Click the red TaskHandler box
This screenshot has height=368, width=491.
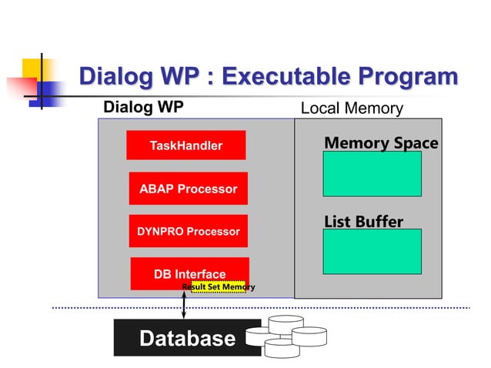click(x=185, y=146)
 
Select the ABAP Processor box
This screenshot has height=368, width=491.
click(x=188, y=189)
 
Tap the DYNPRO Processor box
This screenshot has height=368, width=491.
click(x=188, y=231)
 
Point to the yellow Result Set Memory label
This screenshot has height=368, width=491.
click(x=218, y=287)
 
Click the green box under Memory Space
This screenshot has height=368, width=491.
click(x=372, y=174)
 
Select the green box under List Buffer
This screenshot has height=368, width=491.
click(x=372, y=252)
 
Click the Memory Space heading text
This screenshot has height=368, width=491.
click(x=381, y=142)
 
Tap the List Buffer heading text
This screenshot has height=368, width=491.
click(x=363, y=222)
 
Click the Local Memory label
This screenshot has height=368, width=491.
click(x=351, y=109)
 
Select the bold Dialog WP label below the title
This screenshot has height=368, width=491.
click(x=143, y=107)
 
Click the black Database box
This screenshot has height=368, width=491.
click(x=187, y=339)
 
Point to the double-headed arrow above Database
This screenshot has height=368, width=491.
click(x=184, y=306)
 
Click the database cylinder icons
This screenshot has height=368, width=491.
click(x=286, y=341)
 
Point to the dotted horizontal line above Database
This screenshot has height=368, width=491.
click(x=346, y=308)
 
